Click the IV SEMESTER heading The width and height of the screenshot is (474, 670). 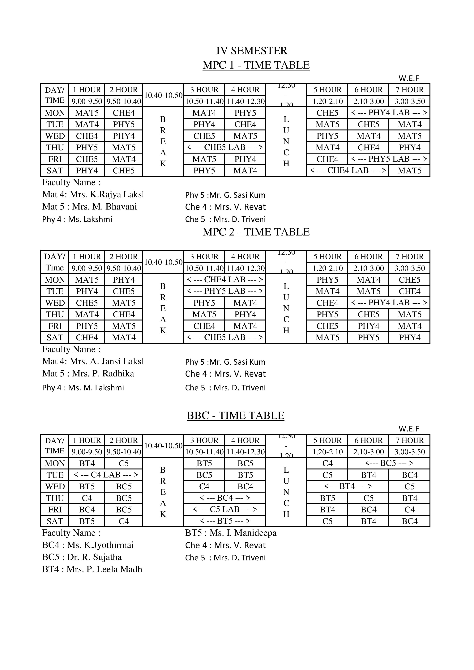tap(252, 51)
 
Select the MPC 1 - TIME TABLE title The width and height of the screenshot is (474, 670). tap(256, 65)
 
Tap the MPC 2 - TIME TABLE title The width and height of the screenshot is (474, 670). tap(256, 232)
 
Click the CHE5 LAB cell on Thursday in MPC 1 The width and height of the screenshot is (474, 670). tap(224, 147)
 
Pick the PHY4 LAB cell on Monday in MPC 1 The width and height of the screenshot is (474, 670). tap(389, 113)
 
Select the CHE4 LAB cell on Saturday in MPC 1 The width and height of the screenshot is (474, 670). tap(348, 170)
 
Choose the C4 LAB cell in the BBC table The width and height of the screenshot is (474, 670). tap(106, 475)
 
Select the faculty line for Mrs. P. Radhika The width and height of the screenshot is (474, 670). tap(88, 374)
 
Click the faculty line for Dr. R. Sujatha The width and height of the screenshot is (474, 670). tap(82, 557)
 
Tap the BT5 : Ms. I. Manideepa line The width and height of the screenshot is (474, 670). tap(231, 533)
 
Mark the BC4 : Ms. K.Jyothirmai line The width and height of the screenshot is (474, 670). tap(88, 545)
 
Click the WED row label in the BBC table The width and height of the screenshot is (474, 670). tap(55, 486)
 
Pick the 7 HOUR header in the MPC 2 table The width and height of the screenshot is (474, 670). tap(409, 257)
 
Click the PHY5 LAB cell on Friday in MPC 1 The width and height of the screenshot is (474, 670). tap(389, 159)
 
